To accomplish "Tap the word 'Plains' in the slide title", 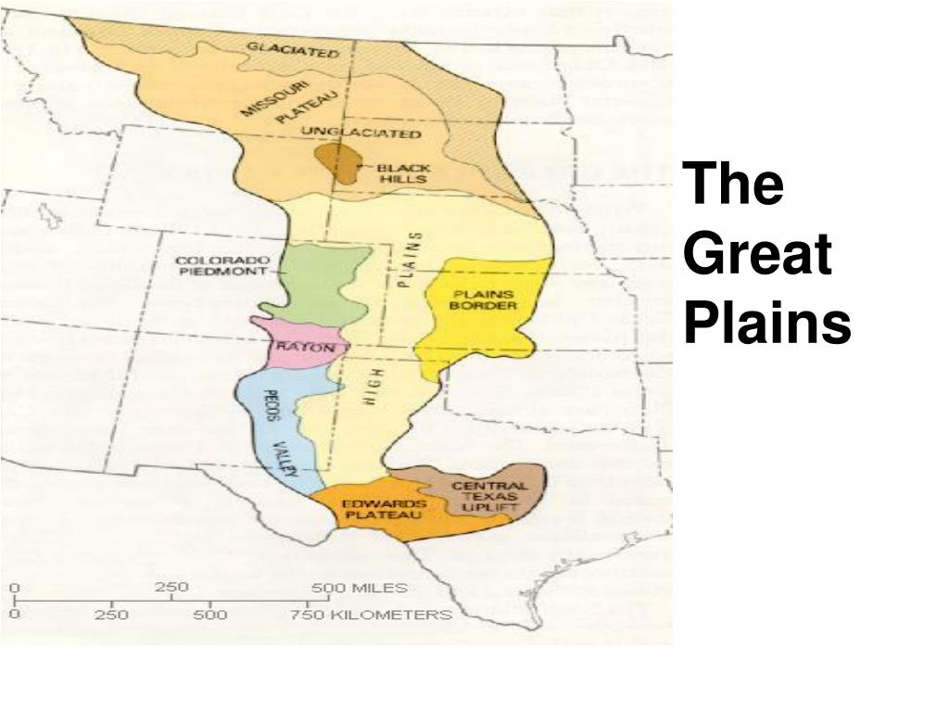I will click(767, 324).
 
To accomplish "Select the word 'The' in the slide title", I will click(735, 185).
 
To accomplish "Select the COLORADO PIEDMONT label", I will click(222, 266).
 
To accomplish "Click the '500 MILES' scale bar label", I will click(359, 588).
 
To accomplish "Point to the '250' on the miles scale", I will click(171, 588).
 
